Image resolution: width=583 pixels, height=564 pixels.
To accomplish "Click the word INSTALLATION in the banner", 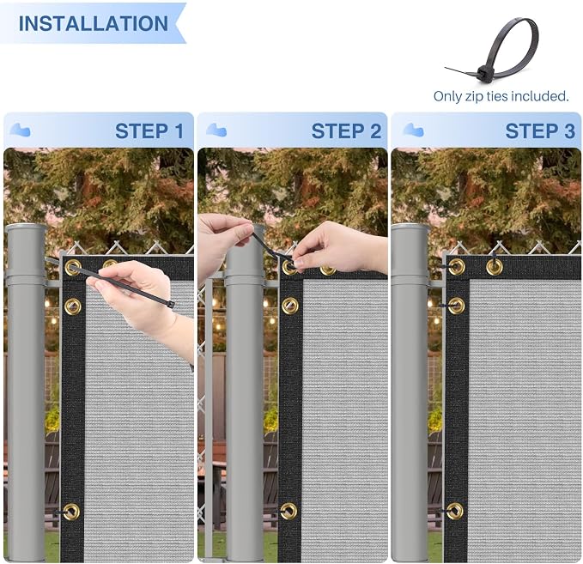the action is tap(94, 23).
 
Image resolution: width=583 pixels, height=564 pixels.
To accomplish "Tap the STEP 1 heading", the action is tap(149, 131).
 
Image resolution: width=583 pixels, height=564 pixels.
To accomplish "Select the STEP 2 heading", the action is tap(346, 131).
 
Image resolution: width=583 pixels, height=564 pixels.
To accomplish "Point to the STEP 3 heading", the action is tap(540, 131).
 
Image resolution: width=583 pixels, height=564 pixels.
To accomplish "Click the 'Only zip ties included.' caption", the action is tap(501, 96).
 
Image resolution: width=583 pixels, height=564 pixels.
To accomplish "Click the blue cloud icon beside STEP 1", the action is tap(20, 130).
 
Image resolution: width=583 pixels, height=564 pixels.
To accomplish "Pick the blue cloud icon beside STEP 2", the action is tap(216, 130).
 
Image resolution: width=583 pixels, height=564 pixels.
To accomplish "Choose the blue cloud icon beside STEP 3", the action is tap(413, 130).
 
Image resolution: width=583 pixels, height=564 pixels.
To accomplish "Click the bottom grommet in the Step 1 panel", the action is tap(71, 512).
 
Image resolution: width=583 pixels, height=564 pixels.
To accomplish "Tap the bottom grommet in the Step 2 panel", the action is tap(288, 511).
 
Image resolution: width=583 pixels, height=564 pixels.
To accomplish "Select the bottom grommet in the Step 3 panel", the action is tap(455, 511).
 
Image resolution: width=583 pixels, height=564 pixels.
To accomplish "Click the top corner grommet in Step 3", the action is tap(456, 267).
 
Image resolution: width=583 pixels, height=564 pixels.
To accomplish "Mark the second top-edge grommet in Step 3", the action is tap(495, 267).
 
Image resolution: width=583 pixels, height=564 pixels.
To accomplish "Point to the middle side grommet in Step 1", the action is tap(72, 306).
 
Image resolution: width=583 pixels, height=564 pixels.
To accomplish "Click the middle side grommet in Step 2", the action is tap(289, 306).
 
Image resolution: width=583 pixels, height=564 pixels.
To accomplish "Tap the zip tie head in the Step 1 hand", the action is tap(171, 305).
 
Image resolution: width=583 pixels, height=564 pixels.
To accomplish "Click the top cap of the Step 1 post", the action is tap(27, 227).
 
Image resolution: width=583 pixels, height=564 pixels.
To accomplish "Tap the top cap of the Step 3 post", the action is tap(410, 227).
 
